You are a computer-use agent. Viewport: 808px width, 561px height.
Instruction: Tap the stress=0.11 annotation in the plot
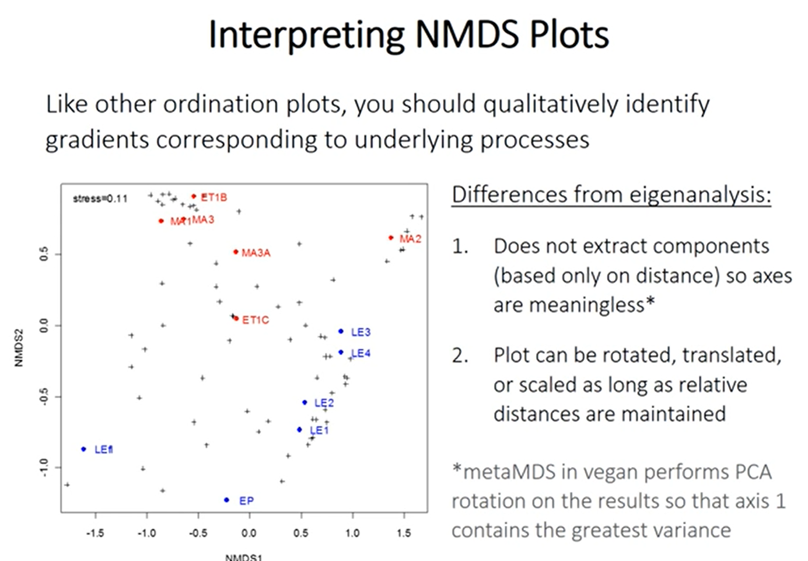coord(100,198)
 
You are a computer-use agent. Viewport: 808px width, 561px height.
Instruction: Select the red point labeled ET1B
coord(194,196)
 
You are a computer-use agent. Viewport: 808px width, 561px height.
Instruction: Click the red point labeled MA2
coord(391,238)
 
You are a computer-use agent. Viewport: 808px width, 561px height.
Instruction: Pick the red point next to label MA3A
coord(236,252)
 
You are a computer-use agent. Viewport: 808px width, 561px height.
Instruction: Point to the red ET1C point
coord(236,319)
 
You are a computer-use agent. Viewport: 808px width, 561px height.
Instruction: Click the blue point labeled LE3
coord(341,332)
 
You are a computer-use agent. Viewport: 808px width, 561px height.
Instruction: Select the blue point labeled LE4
coord(341,352)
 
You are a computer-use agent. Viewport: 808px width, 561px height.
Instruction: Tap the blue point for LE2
coord(305,402)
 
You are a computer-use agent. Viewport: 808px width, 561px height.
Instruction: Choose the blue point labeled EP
coord(226,500)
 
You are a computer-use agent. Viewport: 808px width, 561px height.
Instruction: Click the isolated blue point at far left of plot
coord(83,449)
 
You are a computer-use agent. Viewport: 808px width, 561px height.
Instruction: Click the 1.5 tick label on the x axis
coord(403,532)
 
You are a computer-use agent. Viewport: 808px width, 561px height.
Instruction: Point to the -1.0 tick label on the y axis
coord(44,467)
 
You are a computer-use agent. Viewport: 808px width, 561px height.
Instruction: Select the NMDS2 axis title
coord(19,348)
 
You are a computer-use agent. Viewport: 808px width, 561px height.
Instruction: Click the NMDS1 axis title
coord(243,557)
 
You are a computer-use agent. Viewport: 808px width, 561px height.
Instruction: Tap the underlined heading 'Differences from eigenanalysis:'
coord(611,194)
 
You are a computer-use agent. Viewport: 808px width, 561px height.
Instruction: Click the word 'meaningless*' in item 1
coord(574,305)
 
